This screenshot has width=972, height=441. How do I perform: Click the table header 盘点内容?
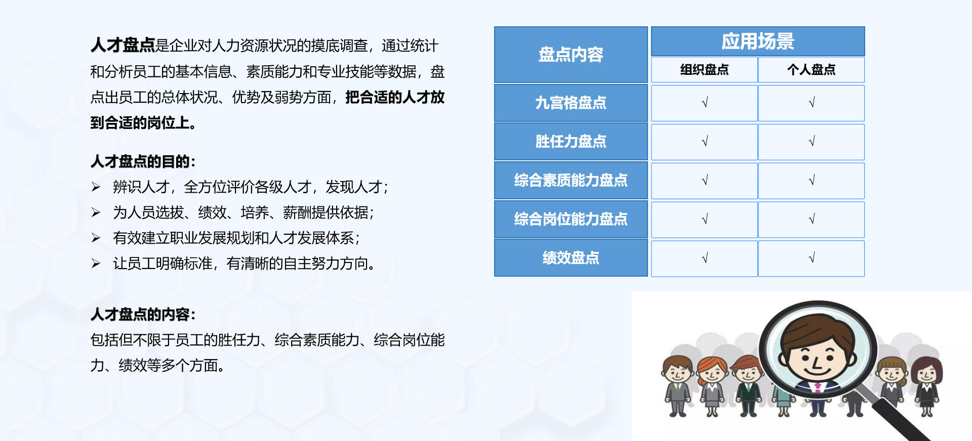pyautogui.click(x=571, y=55)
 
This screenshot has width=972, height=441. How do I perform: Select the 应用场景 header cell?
pyautogui.click(x=757, y=41)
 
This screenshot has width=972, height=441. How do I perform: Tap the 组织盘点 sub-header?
pyautogui.click(x=704, y=70)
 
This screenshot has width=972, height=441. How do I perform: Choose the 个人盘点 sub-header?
pyautogui.click(x=811, y=70)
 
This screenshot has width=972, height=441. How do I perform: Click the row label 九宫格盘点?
pyautogui.click(x=571, y=103)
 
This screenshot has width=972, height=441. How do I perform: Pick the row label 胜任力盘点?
pyautogui.click(x=571, y=142)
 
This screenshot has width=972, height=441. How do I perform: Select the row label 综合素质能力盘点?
pyautogui.click(x=571, y=181)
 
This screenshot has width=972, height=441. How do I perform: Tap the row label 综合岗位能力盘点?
pyautogui.click(x=571, y=219)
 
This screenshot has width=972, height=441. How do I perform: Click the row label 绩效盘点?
pyautogui.click(x=571, y=258)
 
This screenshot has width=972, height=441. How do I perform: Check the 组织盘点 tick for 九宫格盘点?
pyautogui.click(x=705, y=103)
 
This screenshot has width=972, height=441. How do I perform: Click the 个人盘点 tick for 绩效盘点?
pyautogui.click(x=812, y=258)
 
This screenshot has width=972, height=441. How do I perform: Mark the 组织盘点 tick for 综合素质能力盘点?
pyautogui.click(x=705, y=181)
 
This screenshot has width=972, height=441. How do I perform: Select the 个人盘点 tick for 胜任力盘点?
pyautogui.click(x=812, y=142)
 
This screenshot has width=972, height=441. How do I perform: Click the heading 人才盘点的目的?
pyautogui.click(x=143, y=162)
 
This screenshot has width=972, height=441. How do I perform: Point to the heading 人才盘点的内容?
pyautogui.click(x=143, y=315)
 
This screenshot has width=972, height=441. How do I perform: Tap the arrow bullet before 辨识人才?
pyautogui.click(x=96, y=188)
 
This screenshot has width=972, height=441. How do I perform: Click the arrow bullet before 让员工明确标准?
pyautogui.click(x=96, y=263)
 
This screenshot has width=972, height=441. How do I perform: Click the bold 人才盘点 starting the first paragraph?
pyautogui.click(x=123, y=46)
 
